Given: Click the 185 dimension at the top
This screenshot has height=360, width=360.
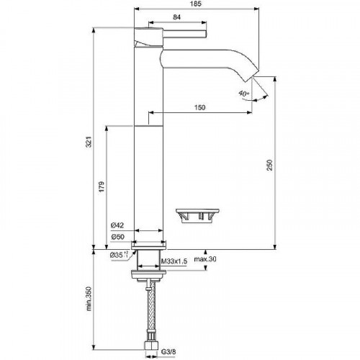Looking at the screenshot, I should (x=197, y=4).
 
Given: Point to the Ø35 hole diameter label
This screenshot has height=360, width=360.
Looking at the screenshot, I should (x=120, y=255).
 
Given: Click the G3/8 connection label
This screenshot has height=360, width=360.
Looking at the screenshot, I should (x=168, y=352).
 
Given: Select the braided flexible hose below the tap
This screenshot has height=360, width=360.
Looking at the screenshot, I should (x=150, y=310).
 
